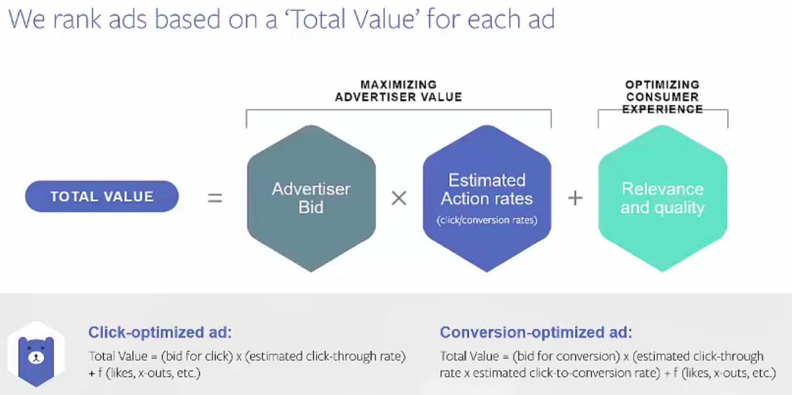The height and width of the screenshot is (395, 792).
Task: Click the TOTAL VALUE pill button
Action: click(x=102, y=196)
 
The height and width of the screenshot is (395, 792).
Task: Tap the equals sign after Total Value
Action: click(x=215, y=198)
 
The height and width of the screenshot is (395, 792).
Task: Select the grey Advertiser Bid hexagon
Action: click(x=311, y=199)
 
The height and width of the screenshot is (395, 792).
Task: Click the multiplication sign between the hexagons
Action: click(x=399, y=198)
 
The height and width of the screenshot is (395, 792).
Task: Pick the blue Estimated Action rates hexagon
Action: click(x=487, y=199)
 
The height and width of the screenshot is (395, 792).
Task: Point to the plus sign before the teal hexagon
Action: click(x=575, y=198)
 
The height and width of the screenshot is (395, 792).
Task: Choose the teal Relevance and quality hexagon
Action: click(x=663, y=199)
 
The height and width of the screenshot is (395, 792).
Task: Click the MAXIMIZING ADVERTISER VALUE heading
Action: click(x=398, y=91)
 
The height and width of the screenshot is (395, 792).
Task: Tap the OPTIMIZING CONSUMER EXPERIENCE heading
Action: click(x=663, y=97)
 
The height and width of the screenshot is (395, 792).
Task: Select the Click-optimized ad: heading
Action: click(x=160, y=333)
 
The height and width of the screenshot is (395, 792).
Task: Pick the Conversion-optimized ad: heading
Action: click(x=536, y=333)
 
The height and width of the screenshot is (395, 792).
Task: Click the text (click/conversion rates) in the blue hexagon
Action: click(x=487, y=220)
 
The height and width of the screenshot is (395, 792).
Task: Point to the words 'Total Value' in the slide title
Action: click(x=352, y=19)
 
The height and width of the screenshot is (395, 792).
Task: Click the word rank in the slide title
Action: click(x=77, y=19)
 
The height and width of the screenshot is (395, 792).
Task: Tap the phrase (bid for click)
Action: click(x=197, y=356)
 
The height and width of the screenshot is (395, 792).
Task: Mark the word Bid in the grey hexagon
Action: click(x=311, y=207)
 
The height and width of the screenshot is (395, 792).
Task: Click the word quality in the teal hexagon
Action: click(x=679, y=208)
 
